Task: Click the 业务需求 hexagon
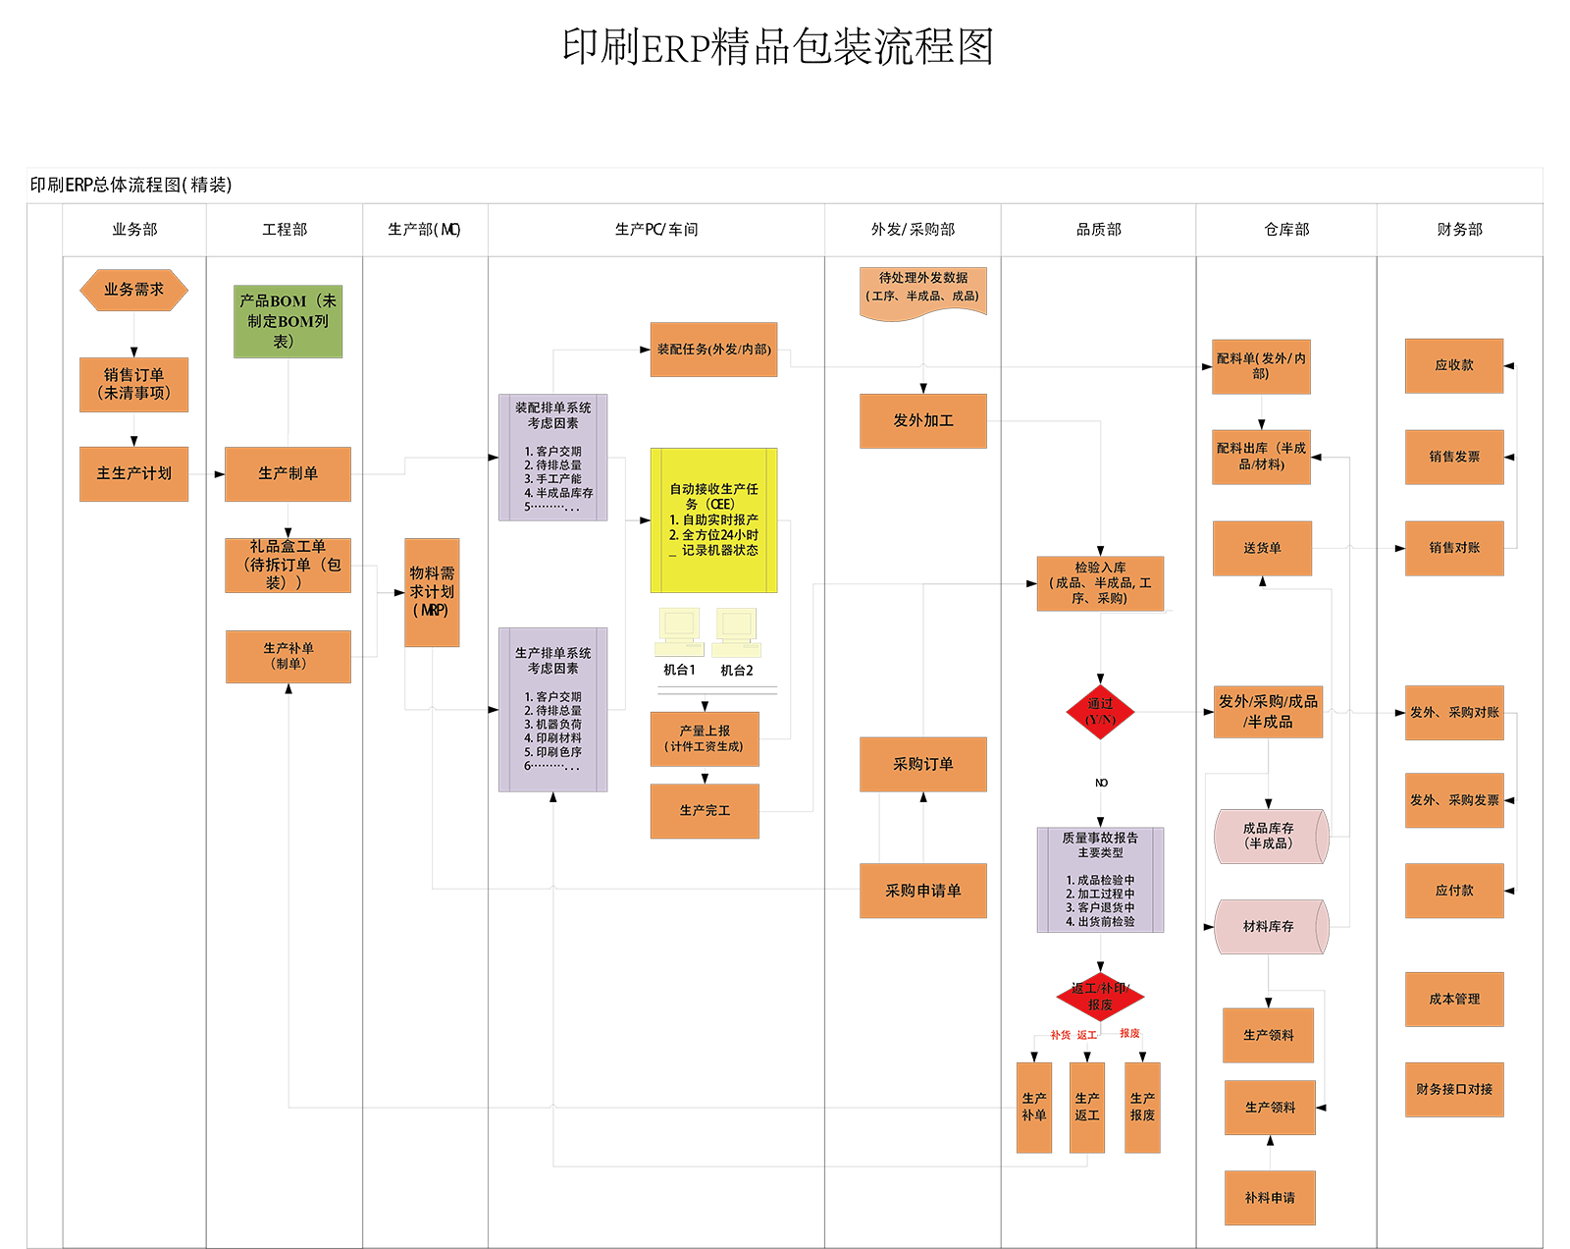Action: pyautogui.click(x=133, y=290)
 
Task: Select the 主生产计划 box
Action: pyautogui.click(x=133, y=473)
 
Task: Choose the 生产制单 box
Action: pyautogui.click(x=288, y=473)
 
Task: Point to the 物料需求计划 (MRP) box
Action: pyautogui.click(x=432, y=591)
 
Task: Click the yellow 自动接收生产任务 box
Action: pyautogui.click(x=713, y=519)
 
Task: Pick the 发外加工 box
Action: pyautogui.click(x=922, y=420)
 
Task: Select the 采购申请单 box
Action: pyautogui.click(x=922, y=891)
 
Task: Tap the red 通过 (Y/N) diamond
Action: pyautogui.click(x=1100, y=711)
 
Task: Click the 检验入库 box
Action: pyautogui.click(x=1100, y=582)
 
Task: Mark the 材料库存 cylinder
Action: pyautogui.click(x=1270, y=926)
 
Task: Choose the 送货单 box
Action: pyautogui.click(x=1262, y=548)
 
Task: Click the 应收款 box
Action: pyautogui.click(x=1453, y=365)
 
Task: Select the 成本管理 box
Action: pyautogui.click(x=1453, y=999)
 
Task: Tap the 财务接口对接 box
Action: pyautogui.click(x=1453, y=1089)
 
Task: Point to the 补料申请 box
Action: pyautogui.click(x=1270, y=1198)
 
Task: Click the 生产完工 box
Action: pyautogui.click(x=705, y=810)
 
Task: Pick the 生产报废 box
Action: pyautogui.click(x=1142, y=1107)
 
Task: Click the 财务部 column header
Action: pyautogui.click(x=1459, y=229)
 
